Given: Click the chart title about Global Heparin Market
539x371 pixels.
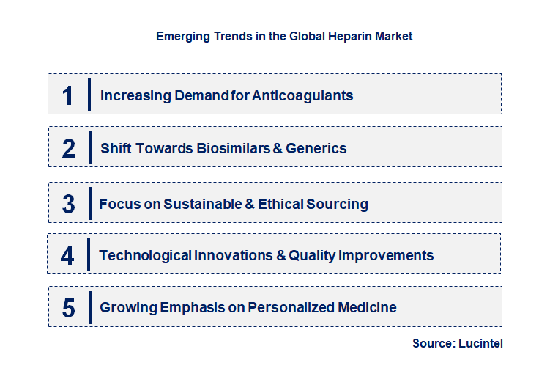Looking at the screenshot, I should [284, 36].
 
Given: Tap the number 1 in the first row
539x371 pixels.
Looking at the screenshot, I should [68, 95].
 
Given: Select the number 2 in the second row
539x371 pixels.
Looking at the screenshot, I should [69, 149].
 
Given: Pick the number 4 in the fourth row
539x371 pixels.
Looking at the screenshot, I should [68, 256].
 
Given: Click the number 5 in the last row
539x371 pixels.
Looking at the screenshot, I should [68, 308].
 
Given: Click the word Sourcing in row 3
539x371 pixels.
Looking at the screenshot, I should [338, 204].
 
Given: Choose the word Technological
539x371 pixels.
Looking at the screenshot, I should [145, 255].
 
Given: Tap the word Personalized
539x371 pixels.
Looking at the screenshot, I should [291, 307].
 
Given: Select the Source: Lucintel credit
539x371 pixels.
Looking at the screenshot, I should [458, 343].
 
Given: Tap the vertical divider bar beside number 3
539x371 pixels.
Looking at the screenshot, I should [89, 203].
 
